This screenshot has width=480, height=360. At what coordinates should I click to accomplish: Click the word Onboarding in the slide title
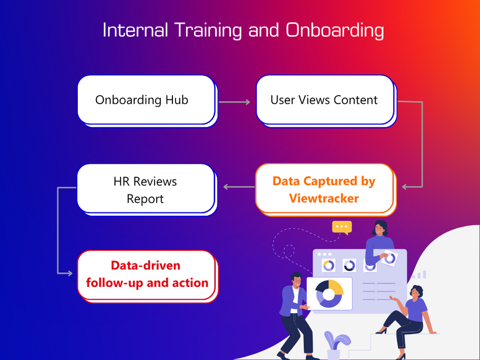pos(334,30)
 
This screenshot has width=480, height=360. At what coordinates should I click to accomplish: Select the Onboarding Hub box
pos(146,100)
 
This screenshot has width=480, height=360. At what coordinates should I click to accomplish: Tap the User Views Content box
pos(324,100)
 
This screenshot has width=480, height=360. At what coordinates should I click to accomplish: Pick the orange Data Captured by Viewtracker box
pos(324,189)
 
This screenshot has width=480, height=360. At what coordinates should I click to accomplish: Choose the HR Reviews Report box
pos(145,189)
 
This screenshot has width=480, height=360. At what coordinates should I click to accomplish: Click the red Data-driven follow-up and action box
pos(147,274)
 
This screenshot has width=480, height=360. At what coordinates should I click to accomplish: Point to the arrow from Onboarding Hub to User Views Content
pos(234,102)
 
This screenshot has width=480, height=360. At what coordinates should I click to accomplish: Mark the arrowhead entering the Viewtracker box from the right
pos(406,186)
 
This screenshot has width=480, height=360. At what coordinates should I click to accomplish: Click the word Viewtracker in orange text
pos(324,198)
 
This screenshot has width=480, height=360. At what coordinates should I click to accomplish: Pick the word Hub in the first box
pos(177,100)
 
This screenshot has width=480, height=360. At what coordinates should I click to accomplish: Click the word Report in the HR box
pos(145,199)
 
